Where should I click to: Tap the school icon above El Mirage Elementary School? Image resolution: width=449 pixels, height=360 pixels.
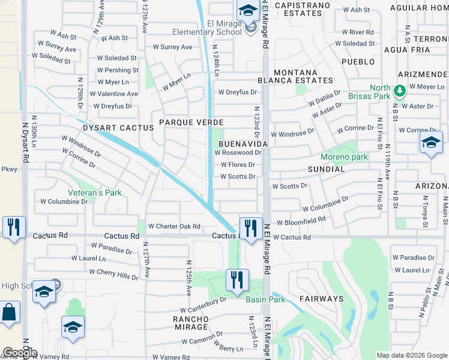tap(247, 11)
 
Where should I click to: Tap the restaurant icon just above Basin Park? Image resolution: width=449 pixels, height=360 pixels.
tap(237, 279)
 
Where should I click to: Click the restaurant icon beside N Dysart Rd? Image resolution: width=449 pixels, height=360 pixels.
tap(13, 227)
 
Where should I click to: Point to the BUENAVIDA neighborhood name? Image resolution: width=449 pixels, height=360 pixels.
tap(242, 145)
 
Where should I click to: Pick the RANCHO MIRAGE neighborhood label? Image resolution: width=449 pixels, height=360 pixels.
tap(190, 319)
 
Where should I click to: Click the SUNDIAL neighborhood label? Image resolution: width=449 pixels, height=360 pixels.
tap(326, 169)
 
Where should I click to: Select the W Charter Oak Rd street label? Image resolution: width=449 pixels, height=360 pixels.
tap(173, 226)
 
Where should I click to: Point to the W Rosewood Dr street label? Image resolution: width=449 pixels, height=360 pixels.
tap(238, 152)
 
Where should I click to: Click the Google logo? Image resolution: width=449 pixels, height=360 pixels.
tap(20, 353)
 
